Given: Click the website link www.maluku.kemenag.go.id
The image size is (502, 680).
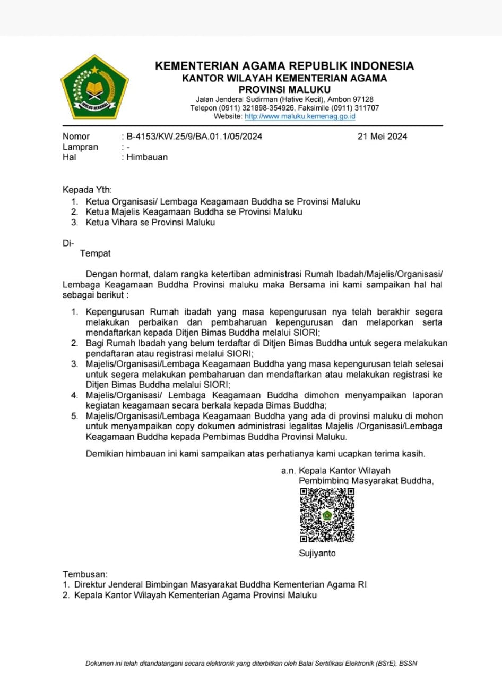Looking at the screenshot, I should click(300, 116).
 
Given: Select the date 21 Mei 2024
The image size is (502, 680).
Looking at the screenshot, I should click(382, 137).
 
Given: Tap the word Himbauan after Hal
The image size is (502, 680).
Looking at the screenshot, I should click(147, 157).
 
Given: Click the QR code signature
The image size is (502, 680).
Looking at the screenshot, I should click(327, 515).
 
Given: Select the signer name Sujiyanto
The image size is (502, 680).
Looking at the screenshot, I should click(317, 554).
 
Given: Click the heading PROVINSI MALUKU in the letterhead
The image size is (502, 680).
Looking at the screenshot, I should click(284, 89).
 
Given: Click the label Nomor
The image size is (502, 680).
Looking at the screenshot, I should click(76, 137).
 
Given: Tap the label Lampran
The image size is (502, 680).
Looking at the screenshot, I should click(80, 147).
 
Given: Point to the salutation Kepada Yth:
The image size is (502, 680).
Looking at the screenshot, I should click(88, 190).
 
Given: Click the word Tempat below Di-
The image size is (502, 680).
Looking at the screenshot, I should click(96, 254).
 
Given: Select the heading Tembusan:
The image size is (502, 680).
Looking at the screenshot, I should click(85, 574).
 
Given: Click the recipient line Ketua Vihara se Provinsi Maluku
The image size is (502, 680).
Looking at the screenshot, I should click(150, 223).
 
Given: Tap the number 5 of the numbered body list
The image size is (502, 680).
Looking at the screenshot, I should click(75, 415).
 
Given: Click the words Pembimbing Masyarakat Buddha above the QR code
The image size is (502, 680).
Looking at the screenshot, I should click(366, 481).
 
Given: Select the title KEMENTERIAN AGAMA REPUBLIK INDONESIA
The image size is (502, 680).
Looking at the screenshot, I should click(284, 66).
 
